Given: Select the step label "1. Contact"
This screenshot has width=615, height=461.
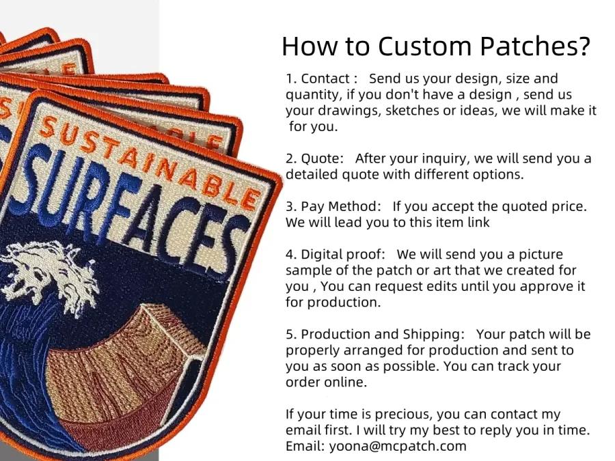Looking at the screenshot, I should (x=321, y=79).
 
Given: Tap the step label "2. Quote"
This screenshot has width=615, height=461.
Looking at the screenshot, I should (x=315, y=159).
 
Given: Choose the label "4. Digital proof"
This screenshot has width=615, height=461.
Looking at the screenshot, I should (x=335, y=255).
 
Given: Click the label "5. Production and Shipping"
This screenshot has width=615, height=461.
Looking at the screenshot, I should (x=375, y=335).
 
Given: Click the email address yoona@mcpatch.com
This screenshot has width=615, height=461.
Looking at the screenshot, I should (x=398, y=446).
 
